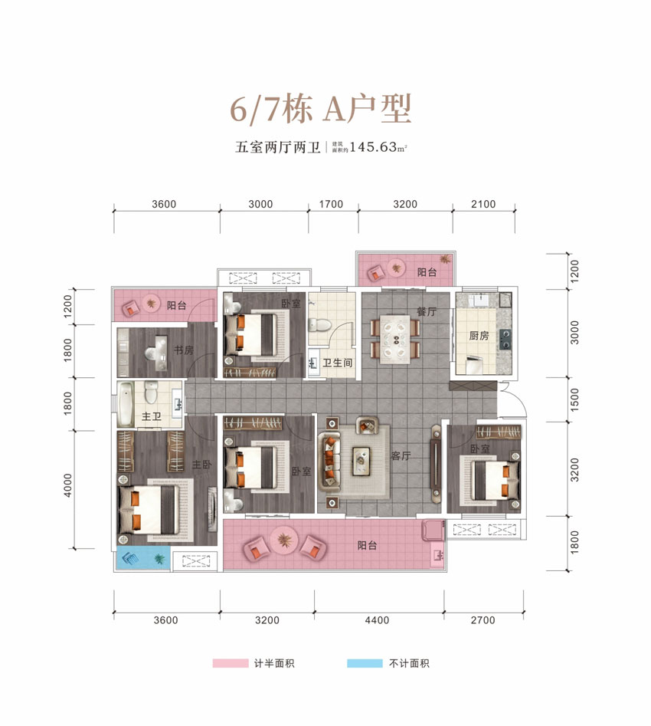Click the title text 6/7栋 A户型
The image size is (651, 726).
[322, 110]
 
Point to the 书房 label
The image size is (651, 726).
[183, 350]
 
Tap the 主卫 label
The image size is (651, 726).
[151, 417]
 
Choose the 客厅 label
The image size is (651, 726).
[401, 455]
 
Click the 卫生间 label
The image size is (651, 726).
[337, 363]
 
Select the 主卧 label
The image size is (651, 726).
[201, 465]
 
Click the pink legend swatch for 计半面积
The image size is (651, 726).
[231, 663]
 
